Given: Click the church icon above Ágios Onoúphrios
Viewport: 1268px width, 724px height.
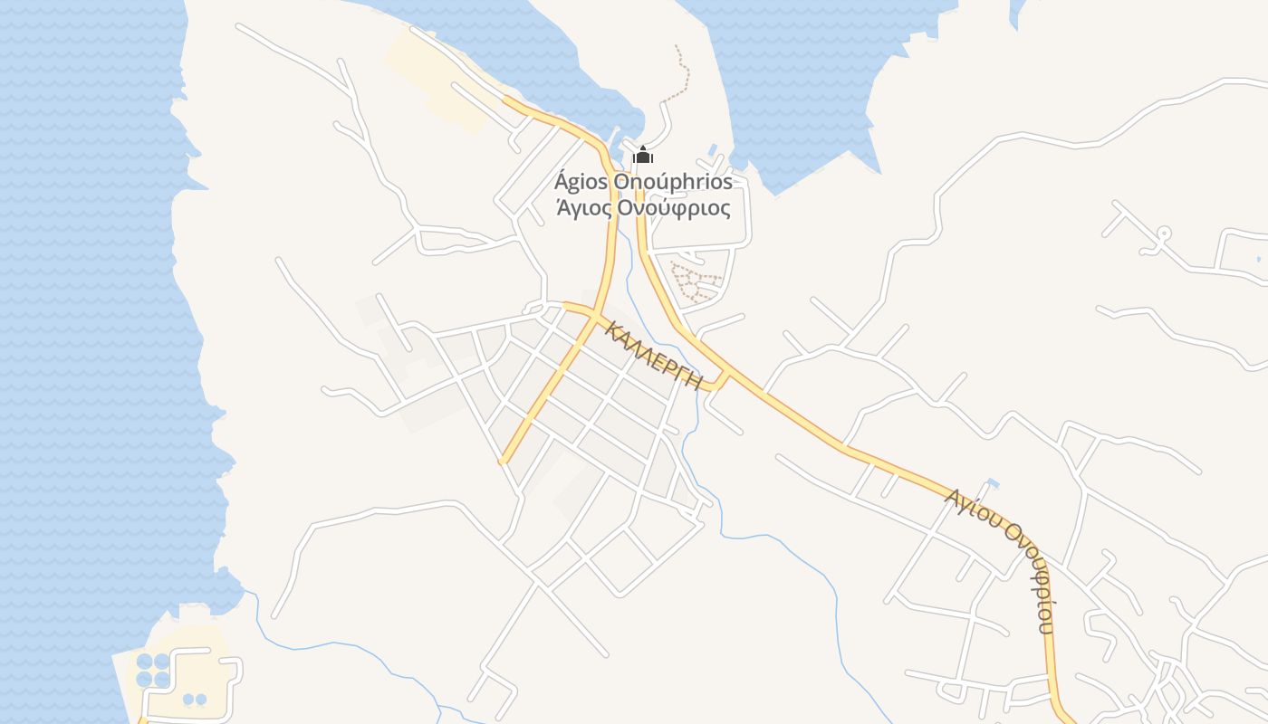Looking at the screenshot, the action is pyautogui.click(x=643, y=156).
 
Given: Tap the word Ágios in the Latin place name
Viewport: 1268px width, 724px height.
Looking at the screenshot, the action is pyautogui.click(x=581, y=182).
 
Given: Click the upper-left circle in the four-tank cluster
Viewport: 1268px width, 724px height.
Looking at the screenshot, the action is pyautogui.click(x=145, y=662).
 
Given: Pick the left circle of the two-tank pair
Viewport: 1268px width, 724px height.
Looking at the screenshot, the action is pyautogui.click(x=188, y=700).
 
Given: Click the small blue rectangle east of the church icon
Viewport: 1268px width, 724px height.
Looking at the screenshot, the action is pyautogui.click(x=713, y=149).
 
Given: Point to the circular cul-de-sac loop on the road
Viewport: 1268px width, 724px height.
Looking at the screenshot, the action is pyautogui.click(x=1164, y=233).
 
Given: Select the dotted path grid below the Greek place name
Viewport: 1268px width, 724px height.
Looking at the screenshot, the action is pyautogui.click(x=696, y=281).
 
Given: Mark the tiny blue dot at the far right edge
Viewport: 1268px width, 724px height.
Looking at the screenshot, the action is pyautogui.click(x=1259, y=260).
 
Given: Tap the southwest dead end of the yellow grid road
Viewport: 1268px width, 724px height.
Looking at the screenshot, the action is pyautogui.click(x=502, y=462).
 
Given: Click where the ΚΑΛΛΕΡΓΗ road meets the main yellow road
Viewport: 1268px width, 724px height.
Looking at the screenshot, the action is pyautogui.click(x=725, y=376).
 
